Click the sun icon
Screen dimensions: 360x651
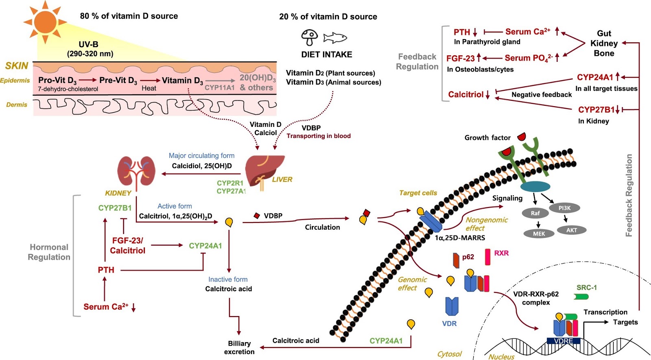click(x=45, y=22)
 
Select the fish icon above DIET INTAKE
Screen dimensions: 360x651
click(x=335, y=38)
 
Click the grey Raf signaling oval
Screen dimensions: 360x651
click(x=535, y=213)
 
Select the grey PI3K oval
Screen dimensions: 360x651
click(x=564, y=208)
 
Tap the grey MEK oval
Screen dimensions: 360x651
click(x=539, y=233)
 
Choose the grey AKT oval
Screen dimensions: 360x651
click(x=572, y=230)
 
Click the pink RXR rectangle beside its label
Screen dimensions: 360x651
click(x=487, y=257)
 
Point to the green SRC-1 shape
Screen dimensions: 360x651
click(x=581, y=297)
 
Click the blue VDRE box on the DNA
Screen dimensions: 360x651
click(x=564, y=341)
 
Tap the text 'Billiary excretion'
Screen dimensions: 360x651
click(x=239, y=347)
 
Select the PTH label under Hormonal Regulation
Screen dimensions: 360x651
click(x=106, y=270)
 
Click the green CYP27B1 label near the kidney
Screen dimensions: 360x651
click(x=115, y=208)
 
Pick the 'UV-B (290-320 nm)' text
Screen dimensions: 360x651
click(x=90, y=49)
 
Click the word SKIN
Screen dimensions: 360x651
click(x=17, y=66)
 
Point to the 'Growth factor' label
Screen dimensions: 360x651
click(x=487, y=137)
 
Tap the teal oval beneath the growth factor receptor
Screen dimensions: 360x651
click(x=535, y=187)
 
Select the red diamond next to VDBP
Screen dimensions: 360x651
click(x=257, y=216)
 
